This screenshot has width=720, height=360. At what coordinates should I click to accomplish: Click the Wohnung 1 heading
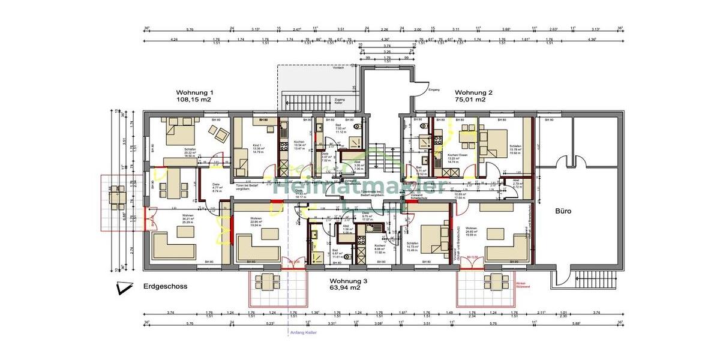click(194, 92)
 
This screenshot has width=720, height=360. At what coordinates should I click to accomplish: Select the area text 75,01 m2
click(470, 100)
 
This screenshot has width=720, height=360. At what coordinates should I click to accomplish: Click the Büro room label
click(563, 211)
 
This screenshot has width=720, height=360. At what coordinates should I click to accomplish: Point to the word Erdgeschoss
click(165, 287)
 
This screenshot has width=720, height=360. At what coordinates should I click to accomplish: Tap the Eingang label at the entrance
click(434, 90)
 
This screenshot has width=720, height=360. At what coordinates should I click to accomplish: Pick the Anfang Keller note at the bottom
click(302, 332)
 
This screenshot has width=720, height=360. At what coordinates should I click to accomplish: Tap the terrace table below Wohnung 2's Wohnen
click(497, 280)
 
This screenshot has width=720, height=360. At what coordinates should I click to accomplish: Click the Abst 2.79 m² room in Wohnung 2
click(517, 184)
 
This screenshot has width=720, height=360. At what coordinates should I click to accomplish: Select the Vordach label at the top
click(338, 68)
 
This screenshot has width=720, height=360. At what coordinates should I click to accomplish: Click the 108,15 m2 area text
click(194, 100)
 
